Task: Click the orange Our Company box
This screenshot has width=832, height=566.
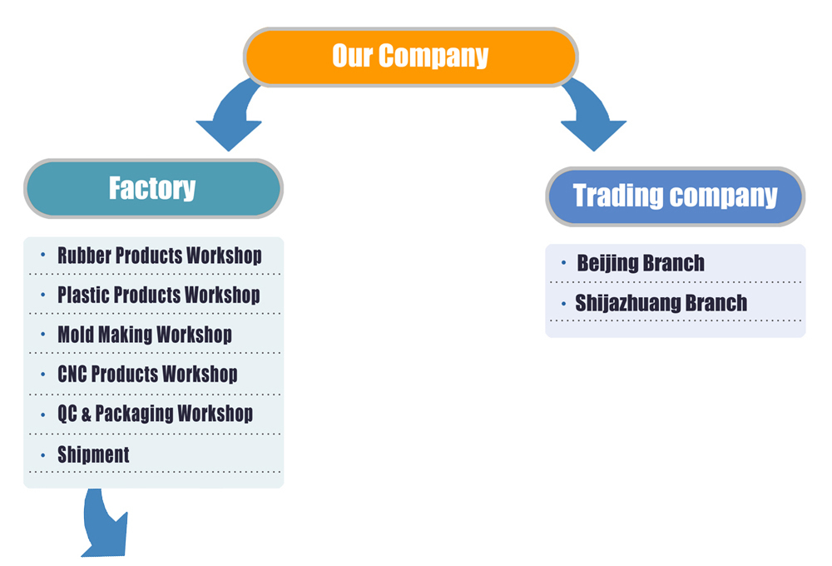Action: pyautogui.click(x=410, y=57)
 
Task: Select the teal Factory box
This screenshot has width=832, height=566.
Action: pyautogui.click(x=153, y=188)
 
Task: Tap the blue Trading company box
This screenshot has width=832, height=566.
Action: pyautogui.click(x=675, y=196)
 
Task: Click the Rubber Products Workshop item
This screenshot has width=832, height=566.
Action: pyautogui.click(x=159, y=256)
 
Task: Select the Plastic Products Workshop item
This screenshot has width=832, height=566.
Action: pyautogui.click(x=158, y=295)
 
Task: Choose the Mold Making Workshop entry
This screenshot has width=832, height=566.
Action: pyautogui.click(x=144, y=335)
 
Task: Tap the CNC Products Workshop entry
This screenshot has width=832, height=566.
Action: pyautogui.click(x=147, y=374)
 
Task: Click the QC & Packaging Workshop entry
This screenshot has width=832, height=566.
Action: pyautogui.click(x=155, y=414)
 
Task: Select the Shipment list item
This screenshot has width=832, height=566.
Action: pyautogui.click(x=93, y=454)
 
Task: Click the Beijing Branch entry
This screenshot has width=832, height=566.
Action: pyautogui.click(x=641, y=264)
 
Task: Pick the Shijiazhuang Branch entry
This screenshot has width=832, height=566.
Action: pyautogui.click(x=661, y=303)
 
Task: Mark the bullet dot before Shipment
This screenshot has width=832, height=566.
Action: pyautogui.click(x=42, y=454)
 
